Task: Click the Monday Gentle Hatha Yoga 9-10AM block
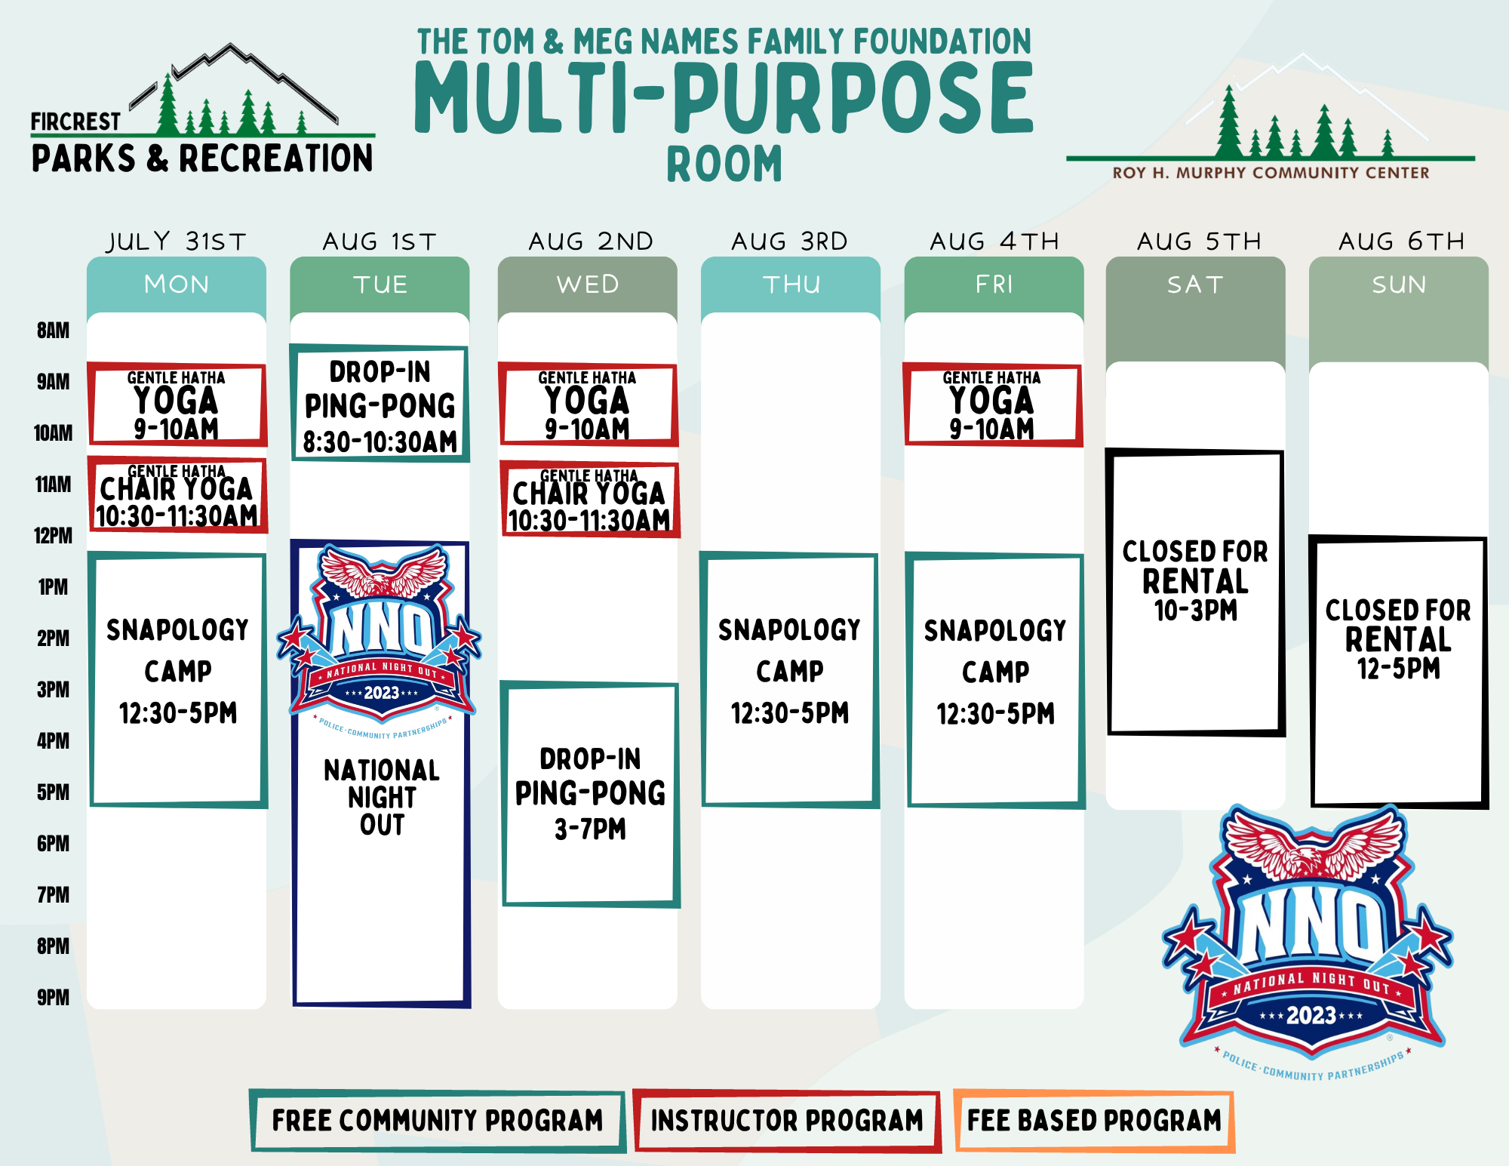point(177,405)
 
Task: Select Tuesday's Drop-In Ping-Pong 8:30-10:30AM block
point(380,404)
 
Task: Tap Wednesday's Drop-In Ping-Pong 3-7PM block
point(590,794)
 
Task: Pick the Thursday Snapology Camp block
point(789,680)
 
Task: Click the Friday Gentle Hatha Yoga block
point(993,405)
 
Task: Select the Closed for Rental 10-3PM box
point(1195,592)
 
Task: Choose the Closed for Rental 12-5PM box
point(1399,672)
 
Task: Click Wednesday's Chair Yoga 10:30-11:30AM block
point(590,499)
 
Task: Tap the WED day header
point(588,285)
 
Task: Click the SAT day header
point(1195,285)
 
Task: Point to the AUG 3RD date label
point(790,242)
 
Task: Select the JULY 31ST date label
point(177,242)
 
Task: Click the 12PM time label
point(53,536)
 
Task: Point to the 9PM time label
point(53,998)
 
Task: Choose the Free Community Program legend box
point(438,1121)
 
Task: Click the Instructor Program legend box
point(787,1121)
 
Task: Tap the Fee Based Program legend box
point(1094,1121)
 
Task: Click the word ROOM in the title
point(725,165)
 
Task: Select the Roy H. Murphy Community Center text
point(1271,173)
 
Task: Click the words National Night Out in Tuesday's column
point(382,798)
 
